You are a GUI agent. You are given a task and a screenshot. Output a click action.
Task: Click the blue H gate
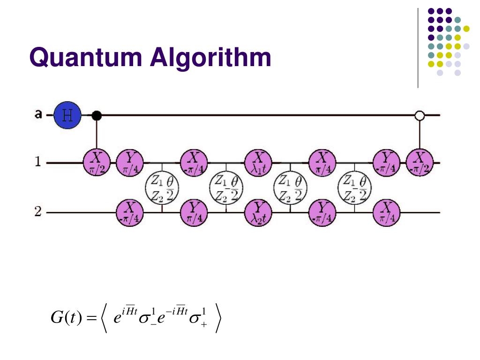pyautogui.click(x=67, y=115)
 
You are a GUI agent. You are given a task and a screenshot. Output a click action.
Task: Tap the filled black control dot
pyautogui.click(x=97, y=115)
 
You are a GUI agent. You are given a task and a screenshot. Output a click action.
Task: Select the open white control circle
pyautogui.click(x=420, y=115)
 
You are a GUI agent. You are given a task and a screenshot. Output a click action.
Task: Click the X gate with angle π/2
pyautogui.click(x=97, y=162)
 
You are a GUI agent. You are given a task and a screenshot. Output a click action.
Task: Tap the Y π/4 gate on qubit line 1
pyautogui.click(x=129, y=162)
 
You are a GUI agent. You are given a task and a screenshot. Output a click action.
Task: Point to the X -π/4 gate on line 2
pyautogui.click(x=129, y=212)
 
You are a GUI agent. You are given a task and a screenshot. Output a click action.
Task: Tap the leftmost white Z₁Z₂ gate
pyautogui.click(x=162, y=187)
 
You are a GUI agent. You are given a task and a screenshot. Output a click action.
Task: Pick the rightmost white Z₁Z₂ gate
pyautogui.click(x=355, y=187)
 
